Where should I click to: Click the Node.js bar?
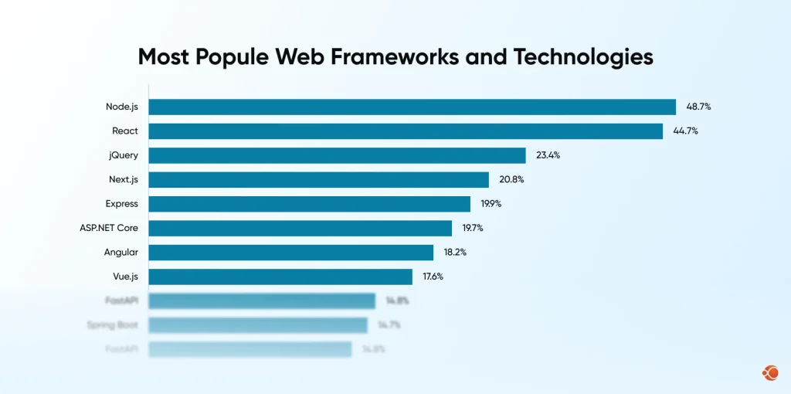[x=412, y=107]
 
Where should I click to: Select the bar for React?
[x=406, y=131]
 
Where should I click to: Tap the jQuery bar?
[x=337, y=155]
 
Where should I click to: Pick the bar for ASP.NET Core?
[x=300, y=228]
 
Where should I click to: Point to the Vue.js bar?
[x=280, y=277]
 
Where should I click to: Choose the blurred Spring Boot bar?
[x=258, y=325]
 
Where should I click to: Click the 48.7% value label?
[x=698, y=107]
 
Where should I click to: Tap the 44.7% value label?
[x=685, y=131]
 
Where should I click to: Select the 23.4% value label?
[x=548, y=155]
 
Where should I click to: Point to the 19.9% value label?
[x=492, y=204]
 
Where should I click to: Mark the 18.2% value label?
[x=454, y=253]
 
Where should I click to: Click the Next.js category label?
[x=124, y=180]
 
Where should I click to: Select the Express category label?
[x=122, y=204]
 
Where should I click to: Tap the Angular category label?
[x=121, y=253]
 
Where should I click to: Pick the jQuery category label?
[x=124, y=155]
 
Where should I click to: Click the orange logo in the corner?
[x=769, y=373]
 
